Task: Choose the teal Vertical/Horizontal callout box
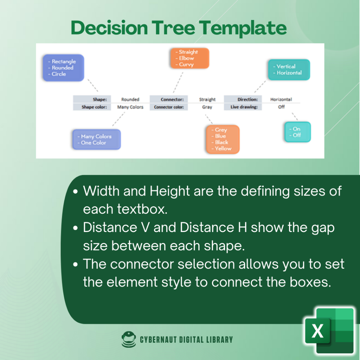[x=289, y=70]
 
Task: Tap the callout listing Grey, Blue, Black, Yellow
[x=222, y=139]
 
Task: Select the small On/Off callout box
[x=297, y=132]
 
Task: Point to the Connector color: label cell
[x=169, y=107]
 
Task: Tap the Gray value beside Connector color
[x=207, y=107]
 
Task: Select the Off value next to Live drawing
[x=281, y=107]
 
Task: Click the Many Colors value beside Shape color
[x=130, y=107]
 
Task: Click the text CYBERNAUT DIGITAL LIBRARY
[x=186, y=340]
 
